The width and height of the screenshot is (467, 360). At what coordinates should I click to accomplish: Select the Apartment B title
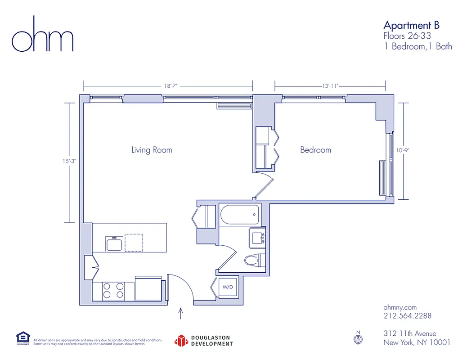(411, 25)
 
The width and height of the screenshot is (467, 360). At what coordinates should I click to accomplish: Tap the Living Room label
(152, 150)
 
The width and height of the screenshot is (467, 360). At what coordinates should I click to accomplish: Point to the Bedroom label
(315, 150)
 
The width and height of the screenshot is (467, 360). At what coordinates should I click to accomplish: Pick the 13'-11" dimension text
(330, 85)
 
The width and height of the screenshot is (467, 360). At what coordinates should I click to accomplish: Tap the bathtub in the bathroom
(239, 215)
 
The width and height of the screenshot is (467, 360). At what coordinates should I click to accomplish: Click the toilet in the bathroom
(254, 260)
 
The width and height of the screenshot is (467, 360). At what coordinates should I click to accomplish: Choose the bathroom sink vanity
(256, 236)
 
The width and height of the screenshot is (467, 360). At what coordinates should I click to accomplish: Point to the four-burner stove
(113, 290)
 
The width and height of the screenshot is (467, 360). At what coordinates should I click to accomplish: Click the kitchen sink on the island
(114, 243)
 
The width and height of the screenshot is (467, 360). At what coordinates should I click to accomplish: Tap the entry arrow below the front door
(181, 313)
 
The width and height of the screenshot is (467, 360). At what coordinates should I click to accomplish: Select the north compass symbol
(358, 339)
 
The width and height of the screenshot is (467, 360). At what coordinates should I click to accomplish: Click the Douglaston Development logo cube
(181, 341)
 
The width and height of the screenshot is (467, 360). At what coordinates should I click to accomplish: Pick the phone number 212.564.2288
(407, 316)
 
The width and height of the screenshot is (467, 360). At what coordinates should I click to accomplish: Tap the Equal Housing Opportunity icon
(22, 338)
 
